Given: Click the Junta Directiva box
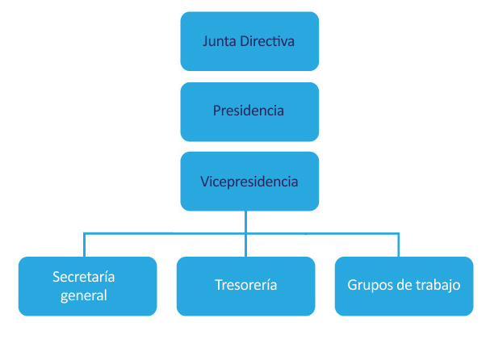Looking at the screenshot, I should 249,41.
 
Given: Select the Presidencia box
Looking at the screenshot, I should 249,111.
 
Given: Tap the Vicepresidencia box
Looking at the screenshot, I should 249,181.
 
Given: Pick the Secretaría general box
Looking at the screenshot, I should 87,286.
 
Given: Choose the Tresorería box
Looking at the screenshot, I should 245,286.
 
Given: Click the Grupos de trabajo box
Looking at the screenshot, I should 404,286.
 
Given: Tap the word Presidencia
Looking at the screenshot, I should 249,111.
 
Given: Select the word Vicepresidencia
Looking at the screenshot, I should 249,181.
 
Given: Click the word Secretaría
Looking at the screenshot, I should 84,277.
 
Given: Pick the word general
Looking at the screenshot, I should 84,295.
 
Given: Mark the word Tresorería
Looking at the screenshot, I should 245,286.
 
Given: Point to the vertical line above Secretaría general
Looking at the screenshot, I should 84,245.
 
